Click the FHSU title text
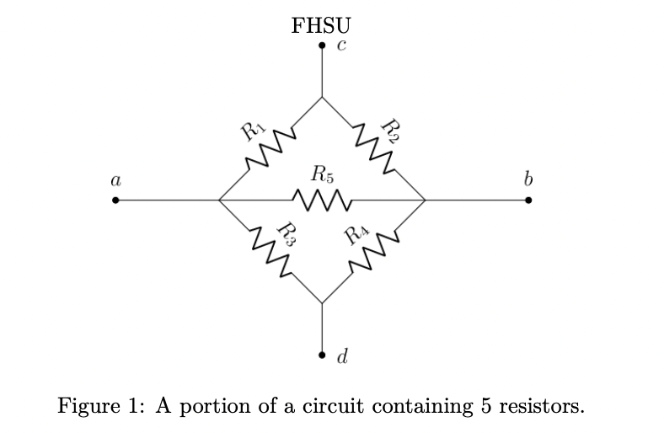320,24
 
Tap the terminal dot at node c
322,46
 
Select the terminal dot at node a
115,200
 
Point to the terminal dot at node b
528,200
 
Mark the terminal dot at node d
322,355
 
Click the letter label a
115,179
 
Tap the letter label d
341,357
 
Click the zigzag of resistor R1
270,149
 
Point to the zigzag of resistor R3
270,252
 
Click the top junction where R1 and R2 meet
322,98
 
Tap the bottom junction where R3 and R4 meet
322,303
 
